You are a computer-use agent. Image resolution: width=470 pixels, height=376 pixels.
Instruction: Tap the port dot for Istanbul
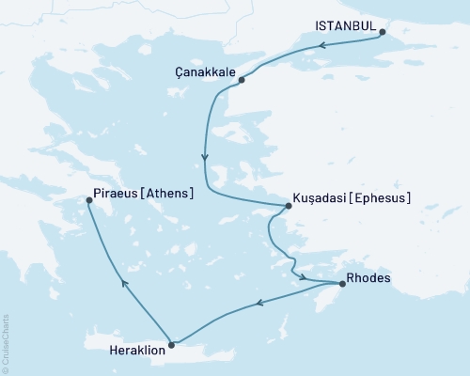tap(383, 32)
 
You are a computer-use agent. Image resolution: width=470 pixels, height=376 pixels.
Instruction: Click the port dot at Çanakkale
tap(242, 80)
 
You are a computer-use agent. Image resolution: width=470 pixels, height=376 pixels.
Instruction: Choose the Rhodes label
tap(368, 278)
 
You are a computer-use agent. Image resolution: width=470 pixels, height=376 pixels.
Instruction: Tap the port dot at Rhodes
tap(341, 283)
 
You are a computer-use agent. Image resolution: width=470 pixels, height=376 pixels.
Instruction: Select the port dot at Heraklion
tap(170, 344)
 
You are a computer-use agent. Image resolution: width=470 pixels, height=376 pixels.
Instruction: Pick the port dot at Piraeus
tap(89, 199)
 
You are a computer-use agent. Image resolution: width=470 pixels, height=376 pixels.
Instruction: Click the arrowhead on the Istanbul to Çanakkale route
tap(320, 44)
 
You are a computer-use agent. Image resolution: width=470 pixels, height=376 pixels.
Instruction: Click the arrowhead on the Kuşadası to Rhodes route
tap(304, 276)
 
